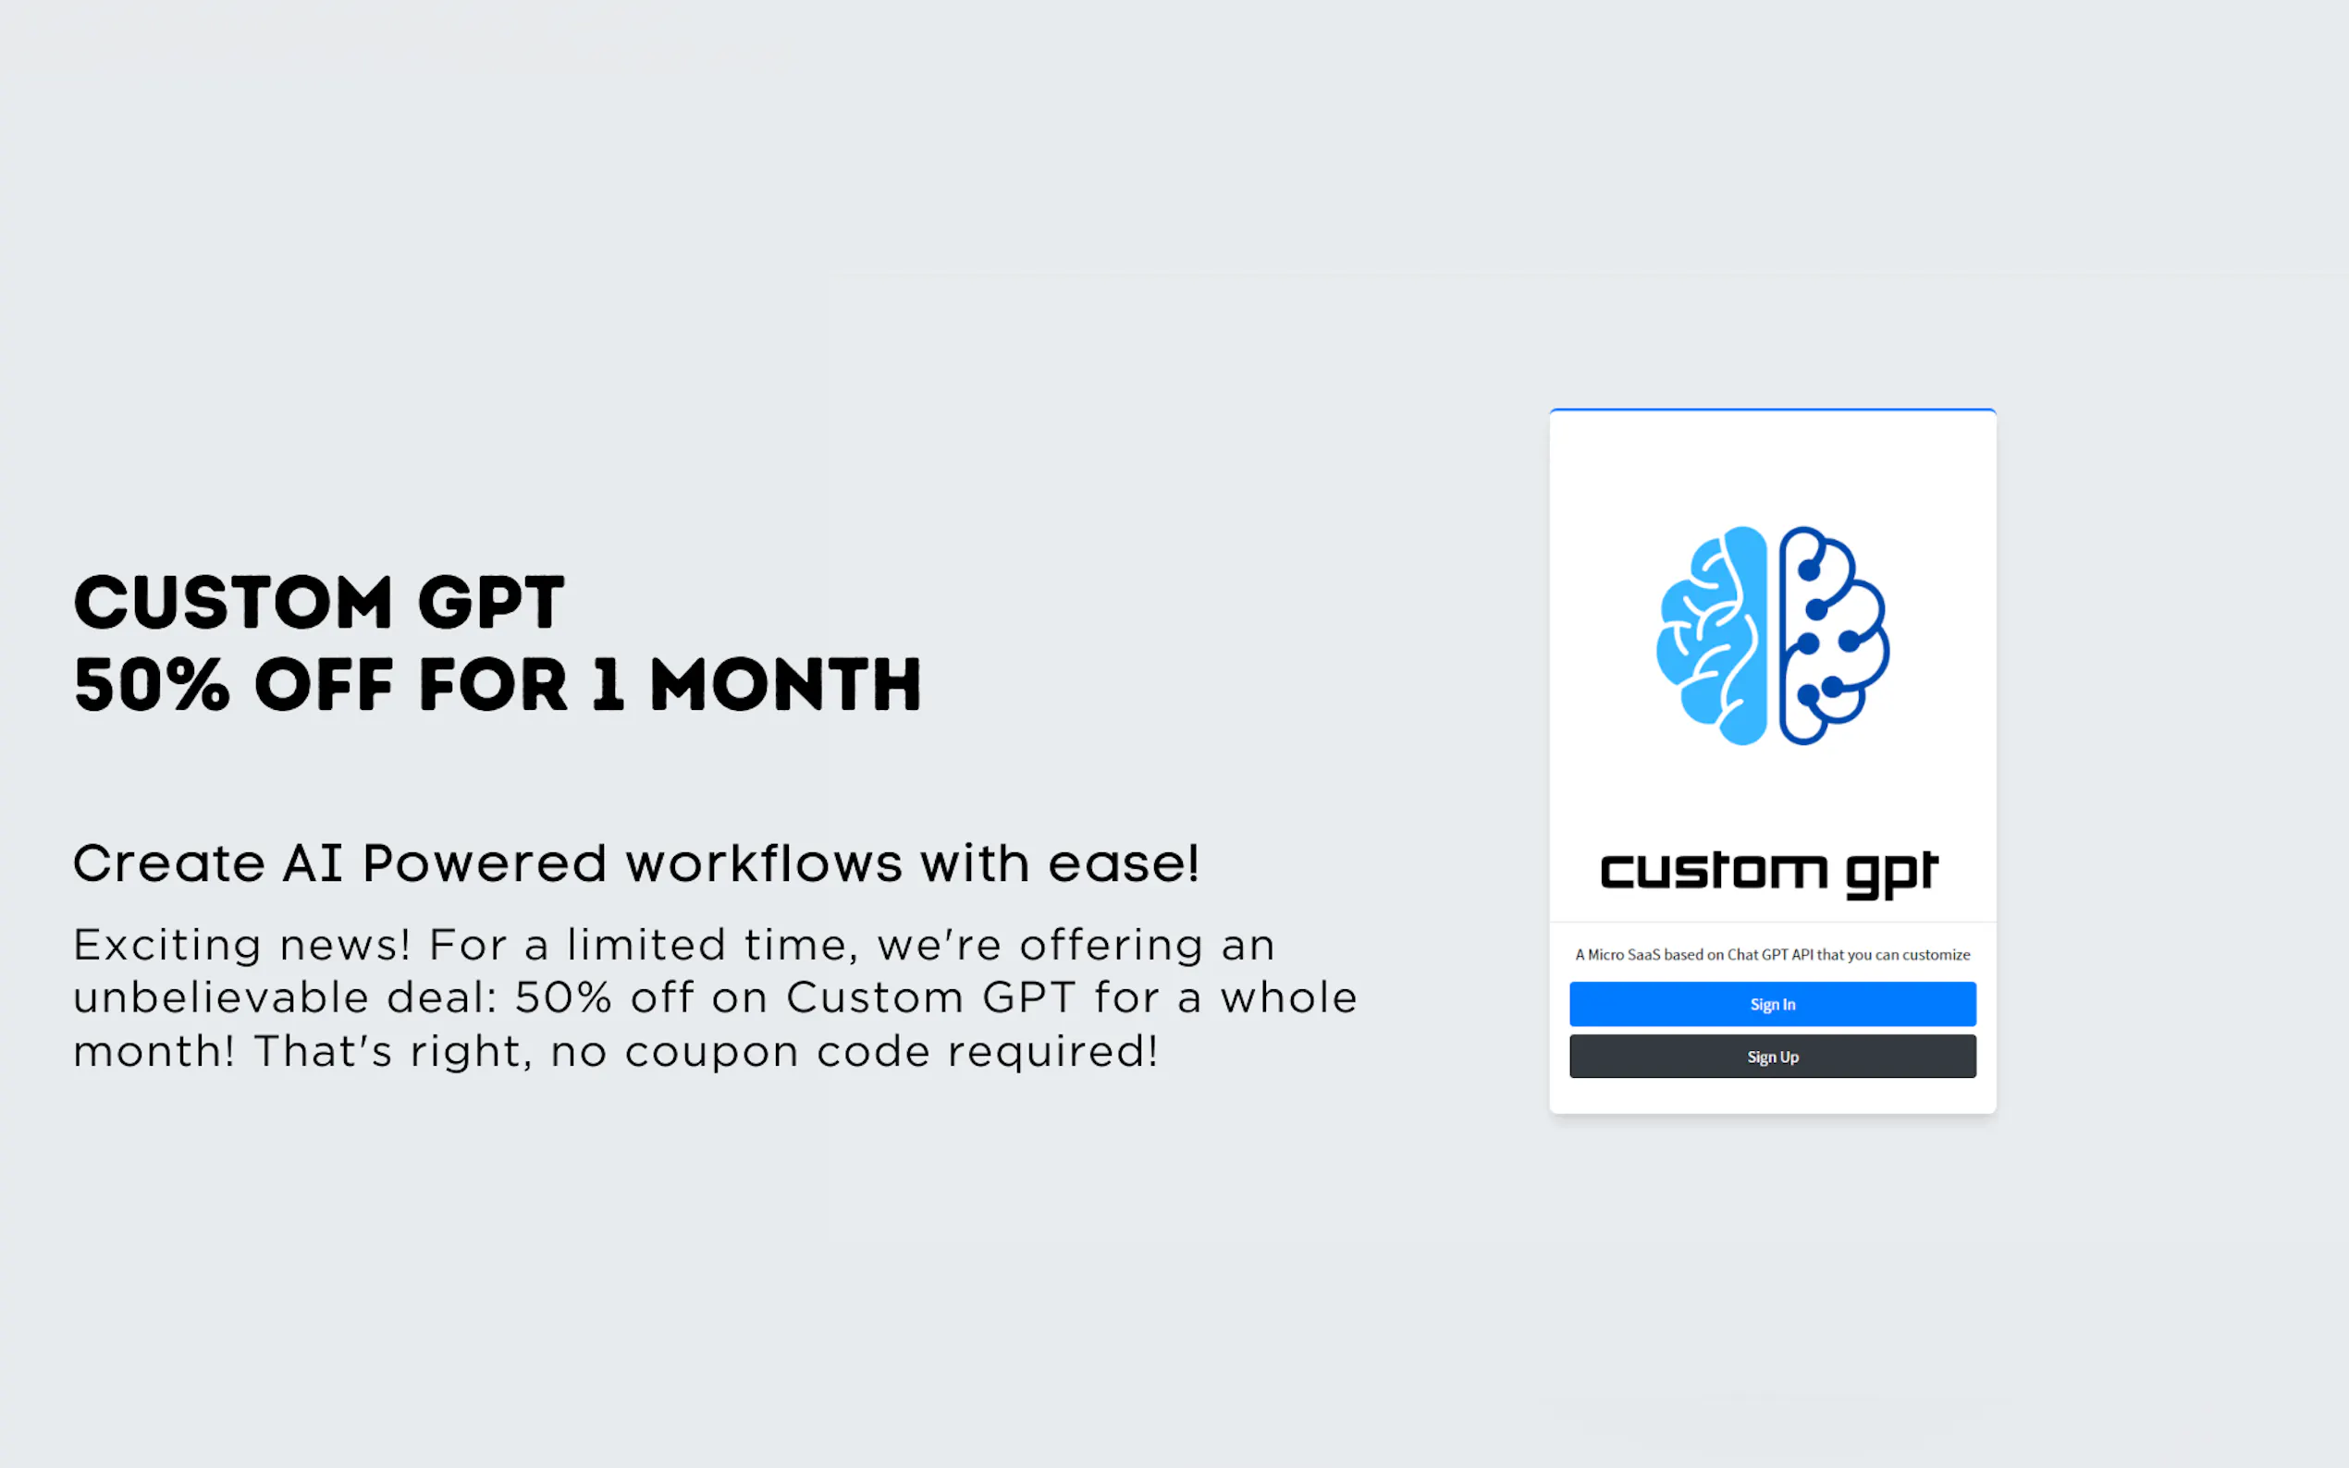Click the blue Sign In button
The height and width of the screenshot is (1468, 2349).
click(1772, 1004)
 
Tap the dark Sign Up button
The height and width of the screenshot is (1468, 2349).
click(1772, 1057)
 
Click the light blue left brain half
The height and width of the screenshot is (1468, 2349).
click(1711, 636)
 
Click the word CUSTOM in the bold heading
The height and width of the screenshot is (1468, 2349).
click(233, 602)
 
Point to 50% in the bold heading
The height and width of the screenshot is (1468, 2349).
click(152, 684)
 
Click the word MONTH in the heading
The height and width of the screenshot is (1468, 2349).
click(785, 684)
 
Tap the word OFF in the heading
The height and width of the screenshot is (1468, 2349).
click(324, 684)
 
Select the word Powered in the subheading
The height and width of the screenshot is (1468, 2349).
click(485, 863)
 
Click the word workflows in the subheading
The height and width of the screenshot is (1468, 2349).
click(764, 863)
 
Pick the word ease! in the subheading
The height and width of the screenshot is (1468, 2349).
click(1124, 863)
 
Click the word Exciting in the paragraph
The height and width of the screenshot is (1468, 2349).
click(167, 945)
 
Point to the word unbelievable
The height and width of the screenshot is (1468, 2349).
click(221, 997)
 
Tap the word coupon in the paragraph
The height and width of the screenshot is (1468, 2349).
click(712, 1052)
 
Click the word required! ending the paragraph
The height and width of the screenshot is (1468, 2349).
click(1052, 1051)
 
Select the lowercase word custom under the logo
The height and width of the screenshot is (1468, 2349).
click(1714, 871)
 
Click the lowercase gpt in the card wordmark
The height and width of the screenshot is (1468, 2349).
click(1891, 875)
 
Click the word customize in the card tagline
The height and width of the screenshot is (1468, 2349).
click(1937, 954)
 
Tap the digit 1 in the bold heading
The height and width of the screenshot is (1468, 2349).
click(608, 684)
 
